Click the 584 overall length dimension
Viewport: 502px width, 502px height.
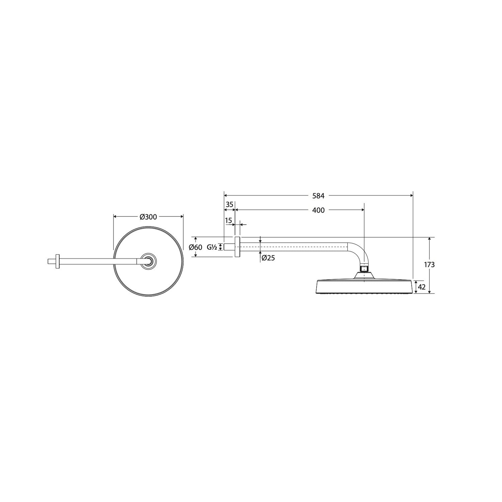318,195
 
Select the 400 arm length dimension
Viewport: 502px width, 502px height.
318,210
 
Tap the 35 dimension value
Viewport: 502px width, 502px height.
229,204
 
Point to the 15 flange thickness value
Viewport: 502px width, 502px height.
229,221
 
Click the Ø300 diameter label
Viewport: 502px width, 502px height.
148,217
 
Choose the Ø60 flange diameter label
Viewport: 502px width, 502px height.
195,247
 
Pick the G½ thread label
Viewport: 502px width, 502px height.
212,247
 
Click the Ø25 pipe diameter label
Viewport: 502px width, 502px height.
268,258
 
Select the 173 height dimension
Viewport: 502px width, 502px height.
429,265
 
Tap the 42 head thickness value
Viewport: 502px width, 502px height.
422,287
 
